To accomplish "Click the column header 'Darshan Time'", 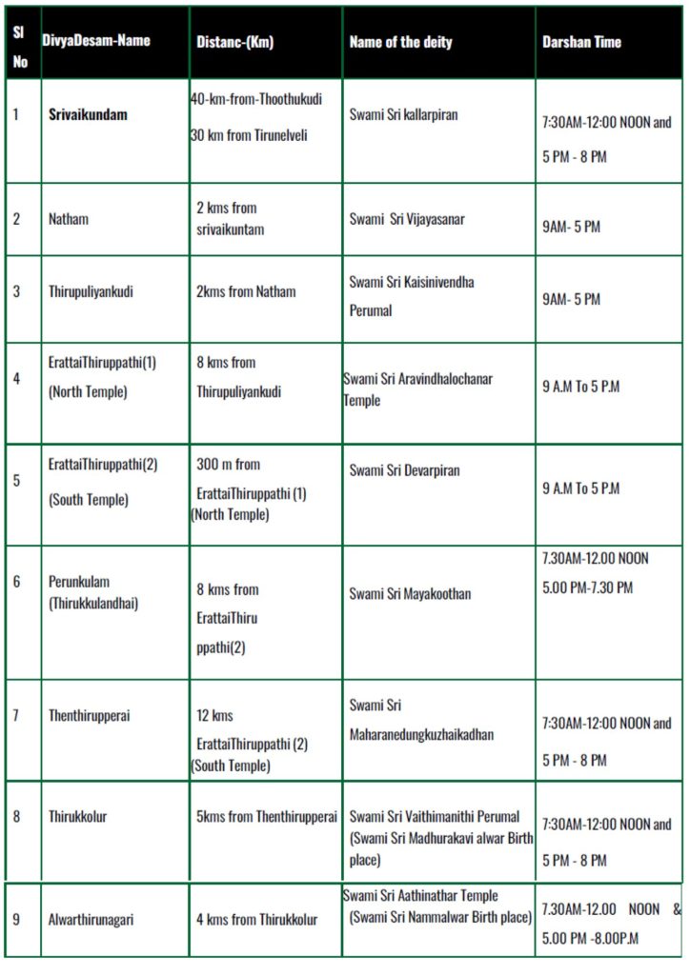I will tap(581, 42).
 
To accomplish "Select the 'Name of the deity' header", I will tap(400, 42).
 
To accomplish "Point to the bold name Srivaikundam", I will tap(89, 114).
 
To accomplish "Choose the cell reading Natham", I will tap(70, 219).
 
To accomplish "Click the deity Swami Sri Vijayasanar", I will tap(407, 219).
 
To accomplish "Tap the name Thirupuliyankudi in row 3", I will tap(91, 291).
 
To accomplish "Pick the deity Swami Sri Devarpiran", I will tap(404, 470).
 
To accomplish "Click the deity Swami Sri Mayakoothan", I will tap(410, 594).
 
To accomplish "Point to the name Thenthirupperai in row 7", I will tap(89, 716).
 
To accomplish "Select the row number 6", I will tap(16, 581).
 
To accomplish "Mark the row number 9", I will tap(16, 919).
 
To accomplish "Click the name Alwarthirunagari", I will tap(94, 920).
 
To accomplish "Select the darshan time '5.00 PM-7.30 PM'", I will tap(587, 588).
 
